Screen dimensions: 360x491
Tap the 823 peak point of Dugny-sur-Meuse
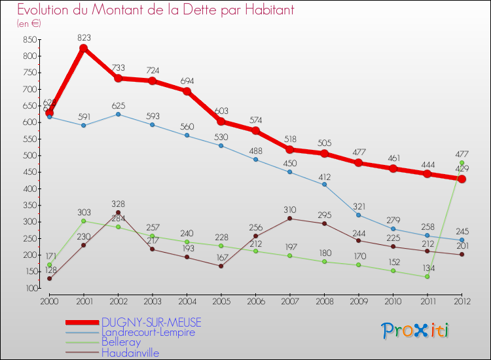pyautogui.click(x=83, y=48)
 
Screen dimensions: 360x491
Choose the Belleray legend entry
pyautogui.click(x=121, y=342)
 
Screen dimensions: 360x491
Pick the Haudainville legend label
pyautogui.click(x=130, y=353)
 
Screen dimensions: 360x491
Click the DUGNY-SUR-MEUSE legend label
pyautogui.click(x=151, y=322)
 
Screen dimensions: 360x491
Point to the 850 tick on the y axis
pyautogui.click(x=29, y=39)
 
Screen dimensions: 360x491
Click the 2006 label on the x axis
pyautogui.click(x=255, y=300)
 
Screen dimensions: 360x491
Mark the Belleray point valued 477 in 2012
pyautogui.click(x=462, y=163)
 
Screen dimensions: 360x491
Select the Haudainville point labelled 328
pyautogui.click(x=118, y=213)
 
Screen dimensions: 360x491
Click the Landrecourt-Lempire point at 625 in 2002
pyautogui.click(x=118, y=114)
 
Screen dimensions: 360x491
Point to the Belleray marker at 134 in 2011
pyautogui.click(x=427, y=276)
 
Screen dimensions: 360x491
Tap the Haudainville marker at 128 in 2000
pyautogui.click(x=49, y=279)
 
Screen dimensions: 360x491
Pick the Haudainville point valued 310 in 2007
pyautogui.click(x=289, y=219)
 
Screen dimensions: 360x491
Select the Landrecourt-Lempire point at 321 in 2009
pyautogui.click(x=358, y=215)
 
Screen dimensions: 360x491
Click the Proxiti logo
pyautogui.click(x=416, y=331)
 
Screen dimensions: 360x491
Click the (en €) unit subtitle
pyautogui.click(x=29, y=24)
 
